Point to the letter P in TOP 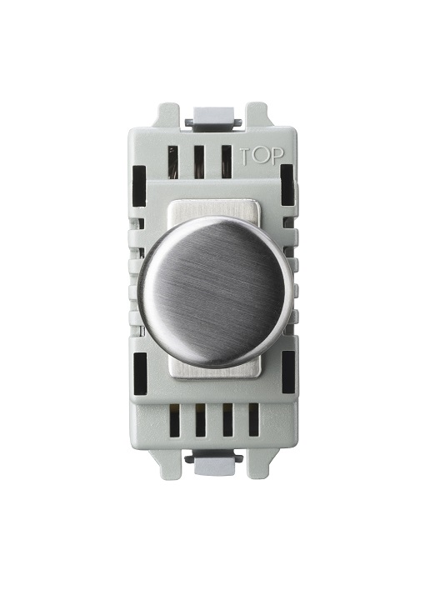[x=273, y=156]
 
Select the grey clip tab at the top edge [x=212, y=118]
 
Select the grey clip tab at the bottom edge [x=215, y=467]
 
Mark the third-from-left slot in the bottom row [x=227, y=423]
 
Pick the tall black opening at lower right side [x=288, y=371]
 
